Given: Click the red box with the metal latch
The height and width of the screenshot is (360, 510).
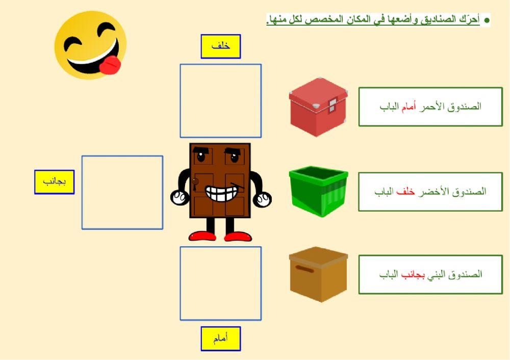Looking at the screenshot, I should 318,107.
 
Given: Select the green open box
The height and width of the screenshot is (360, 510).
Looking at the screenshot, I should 318,190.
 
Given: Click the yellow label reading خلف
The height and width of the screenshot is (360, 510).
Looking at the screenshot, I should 220,46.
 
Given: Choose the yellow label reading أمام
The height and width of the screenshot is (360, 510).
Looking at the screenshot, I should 220,339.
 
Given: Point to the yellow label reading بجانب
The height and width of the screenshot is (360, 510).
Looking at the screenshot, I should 54,182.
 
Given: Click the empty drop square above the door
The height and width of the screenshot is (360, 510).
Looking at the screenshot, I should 220,100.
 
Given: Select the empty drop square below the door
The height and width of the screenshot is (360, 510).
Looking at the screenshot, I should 220,284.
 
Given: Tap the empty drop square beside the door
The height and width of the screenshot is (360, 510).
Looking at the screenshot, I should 122,192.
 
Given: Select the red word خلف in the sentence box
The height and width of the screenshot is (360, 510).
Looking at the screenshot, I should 406,192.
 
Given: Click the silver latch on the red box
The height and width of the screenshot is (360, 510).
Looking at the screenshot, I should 332,105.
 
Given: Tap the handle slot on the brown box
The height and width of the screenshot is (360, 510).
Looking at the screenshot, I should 304,268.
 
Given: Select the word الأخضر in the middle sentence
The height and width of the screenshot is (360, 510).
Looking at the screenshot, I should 434,192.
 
